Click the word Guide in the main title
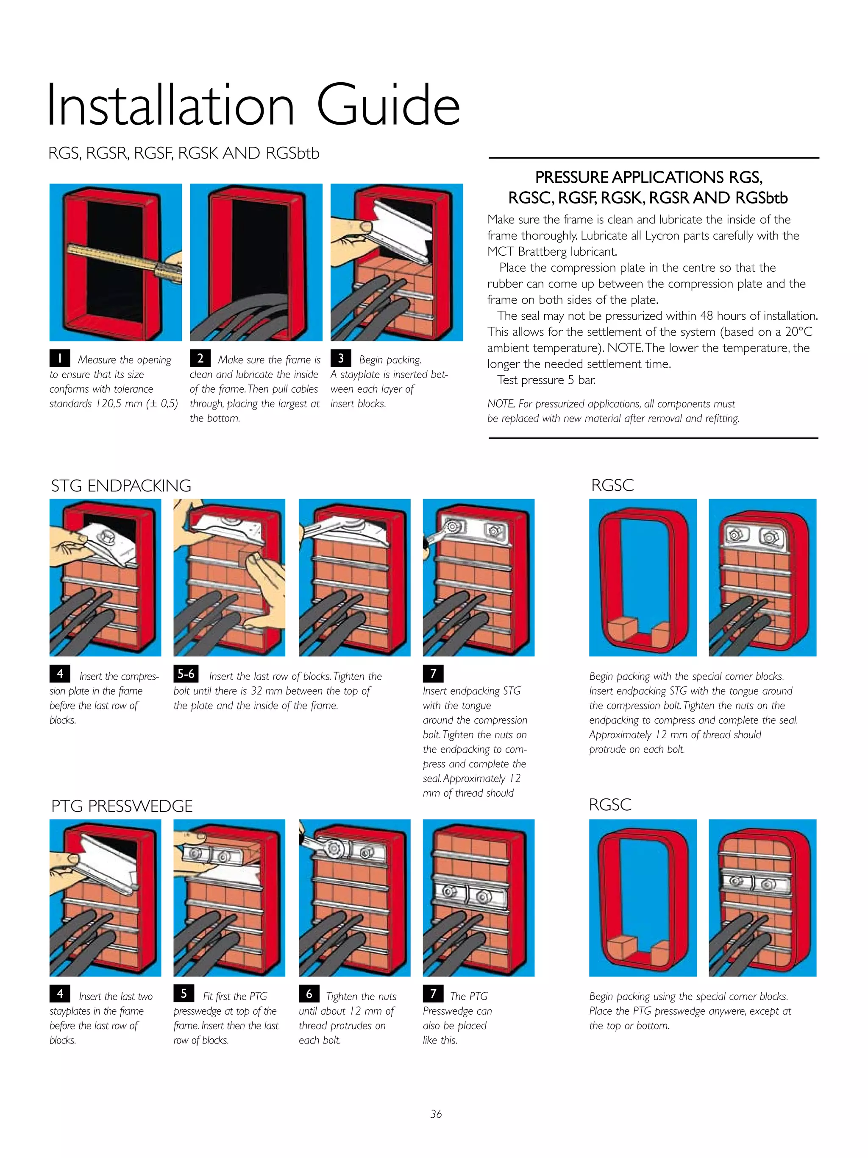click(388, 105)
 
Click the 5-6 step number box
click(186, 674)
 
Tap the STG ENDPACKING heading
click(121, 486)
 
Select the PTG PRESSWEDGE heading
click(122, 806)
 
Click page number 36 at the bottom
click(436, 1114)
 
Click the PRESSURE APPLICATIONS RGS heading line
click(648, 178)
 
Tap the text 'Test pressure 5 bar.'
click(546, 380)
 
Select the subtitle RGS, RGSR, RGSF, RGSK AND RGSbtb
click(184, 153)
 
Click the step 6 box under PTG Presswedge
click(309, 993)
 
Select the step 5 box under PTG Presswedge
click(184, 993)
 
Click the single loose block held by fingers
click(249, 558)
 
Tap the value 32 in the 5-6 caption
click(256, 691)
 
